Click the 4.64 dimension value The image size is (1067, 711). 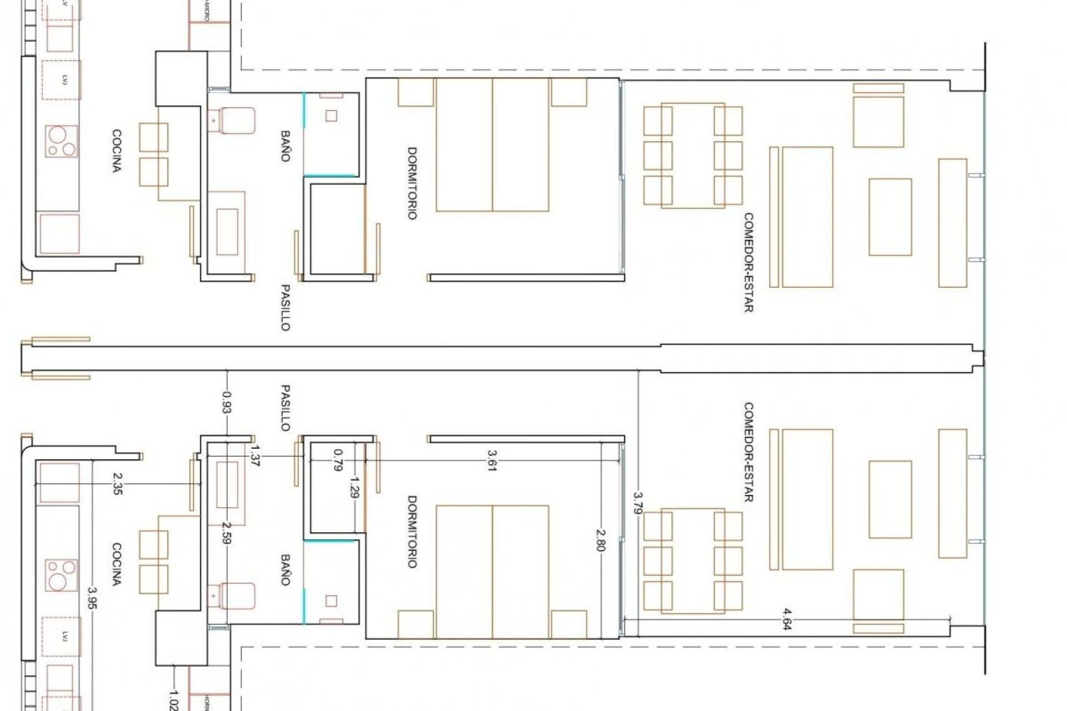[787, 619]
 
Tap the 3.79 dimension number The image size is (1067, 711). [637, 503]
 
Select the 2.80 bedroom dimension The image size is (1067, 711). [600, 540]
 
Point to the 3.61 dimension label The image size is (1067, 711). [491, 460]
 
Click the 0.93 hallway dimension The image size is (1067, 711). [227, 402]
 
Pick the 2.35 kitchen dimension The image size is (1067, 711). [117, 483]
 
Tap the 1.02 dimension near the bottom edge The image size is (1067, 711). [173, 700]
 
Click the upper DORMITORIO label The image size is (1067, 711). [412, 183]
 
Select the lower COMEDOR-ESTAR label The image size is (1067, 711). [748, 453]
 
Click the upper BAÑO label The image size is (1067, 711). [285, 146]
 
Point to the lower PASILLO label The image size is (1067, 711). [285, 408]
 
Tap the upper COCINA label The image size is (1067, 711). [117, 151]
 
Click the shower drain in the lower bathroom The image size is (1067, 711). [331, 600]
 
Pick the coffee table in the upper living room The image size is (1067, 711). [890, 217]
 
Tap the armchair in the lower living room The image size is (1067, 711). [878, 593]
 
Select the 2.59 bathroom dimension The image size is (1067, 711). [226, 532]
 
